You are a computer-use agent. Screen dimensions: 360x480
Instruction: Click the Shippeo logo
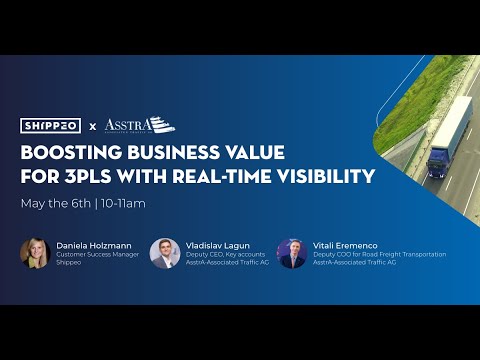point(52,125)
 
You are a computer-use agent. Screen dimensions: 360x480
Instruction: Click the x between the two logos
point(92,126)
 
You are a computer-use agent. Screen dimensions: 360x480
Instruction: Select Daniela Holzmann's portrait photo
point(35,252)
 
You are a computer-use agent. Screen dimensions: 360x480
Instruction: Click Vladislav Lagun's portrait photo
point(164,252)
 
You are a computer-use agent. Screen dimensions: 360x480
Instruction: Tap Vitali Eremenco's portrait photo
point(291,252)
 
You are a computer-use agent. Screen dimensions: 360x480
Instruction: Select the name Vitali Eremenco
point(344,244)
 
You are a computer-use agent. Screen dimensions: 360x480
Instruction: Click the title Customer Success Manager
point(96,255)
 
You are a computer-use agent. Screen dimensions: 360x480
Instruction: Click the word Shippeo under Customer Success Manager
point(69,264)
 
